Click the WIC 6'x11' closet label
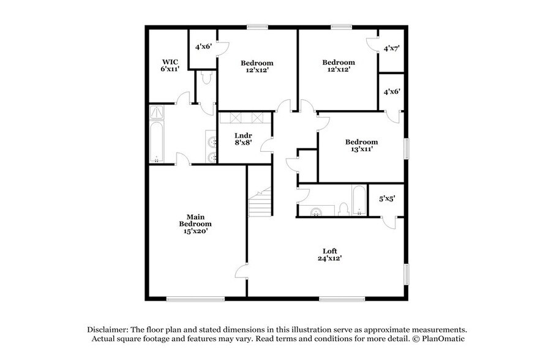(x=170, y=66)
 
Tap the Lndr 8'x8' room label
(x=244, y=139)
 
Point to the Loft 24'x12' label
(x=329, y=255)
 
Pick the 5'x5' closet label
(x=387, y=199)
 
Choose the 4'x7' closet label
(x=391, y=48)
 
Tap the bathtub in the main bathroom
(x=157, y=141)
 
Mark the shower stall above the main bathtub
(x=157, y=112)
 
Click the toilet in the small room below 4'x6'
(x=206, y=78)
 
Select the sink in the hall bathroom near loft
(x=317, y=211)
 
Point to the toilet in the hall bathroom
(x=343, y=209)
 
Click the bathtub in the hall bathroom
(x=359, y=201)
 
